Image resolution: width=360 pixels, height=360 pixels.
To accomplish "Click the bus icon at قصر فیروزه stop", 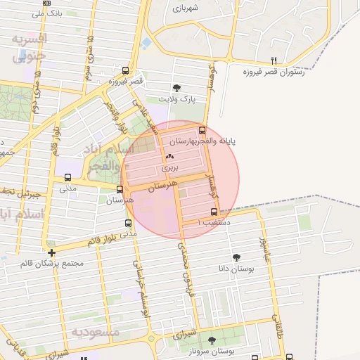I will click(x=125, y=70).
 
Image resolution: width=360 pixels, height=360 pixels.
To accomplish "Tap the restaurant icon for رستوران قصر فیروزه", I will click(x=274, y=60).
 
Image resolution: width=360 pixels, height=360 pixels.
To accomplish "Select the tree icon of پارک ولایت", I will click(x=176, y=88).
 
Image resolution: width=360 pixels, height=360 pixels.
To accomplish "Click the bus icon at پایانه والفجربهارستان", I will click(x=202, y=130).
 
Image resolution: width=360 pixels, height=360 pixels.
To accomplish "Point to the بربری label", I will click(x=170, y=168).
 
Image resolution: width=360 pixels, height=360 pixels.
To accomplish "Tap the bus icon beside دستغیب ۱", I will click(x=214, y=212).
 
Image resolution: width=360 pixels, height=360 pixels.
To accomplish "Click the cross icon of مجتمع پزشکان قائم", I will click(x=51, y=252).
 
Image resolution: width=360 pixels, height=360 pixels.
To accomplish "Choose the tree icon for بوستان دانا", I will click(x=236, y=257).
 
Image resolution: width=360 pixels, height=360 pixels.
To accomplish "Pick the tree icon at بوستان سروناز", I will click(x=212, y=340).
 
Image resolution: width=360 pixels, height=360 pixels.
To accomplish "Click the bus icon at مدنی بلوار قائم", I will click(x=127, y=223).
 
